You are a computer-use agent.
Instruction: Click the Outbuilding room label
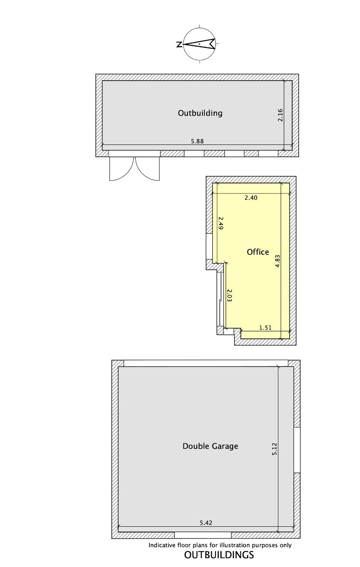(200, 113)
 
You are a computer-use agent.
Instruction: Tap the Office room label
(258, 252)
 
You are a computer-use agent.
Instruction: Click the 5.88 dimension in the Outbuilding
(197, 141)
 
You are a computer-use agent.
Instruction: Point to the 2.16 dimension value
(280, 115)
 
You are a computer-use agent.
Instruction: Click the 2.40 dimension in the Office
(251, 198)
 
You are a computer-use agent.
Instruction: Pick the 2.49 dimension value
(220, 223)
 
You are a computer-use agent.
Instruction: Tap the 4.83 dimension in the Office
(278, 261)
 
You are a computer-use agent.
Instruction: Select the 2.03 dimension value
(229, 295)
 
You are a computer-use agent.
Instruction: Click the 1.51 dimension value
(266, 327)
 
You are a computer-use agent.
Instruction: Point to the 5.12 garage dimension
(274, 449)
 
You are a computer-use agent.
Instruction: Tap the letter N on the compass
(179, 45)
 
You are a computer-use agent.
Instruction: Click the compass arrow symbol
(200, 44)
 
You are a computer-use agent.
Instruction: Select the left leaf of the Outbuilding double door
(122, 169)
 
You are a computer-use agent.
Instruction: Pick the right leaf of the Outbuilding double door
(148, 169)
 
